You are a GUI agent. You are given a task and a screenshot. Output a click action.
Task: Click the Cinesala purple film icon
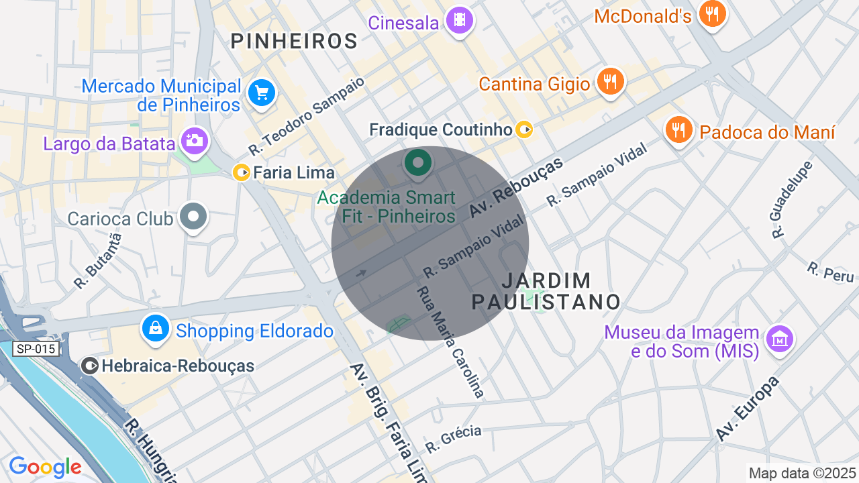click(459, 20)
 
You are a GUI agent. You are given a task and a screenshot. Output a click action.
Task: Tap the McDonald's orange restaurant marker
click(712, 13)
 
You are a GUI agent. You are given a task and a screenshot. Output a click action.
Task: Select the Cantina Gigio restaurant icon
click(609, 82)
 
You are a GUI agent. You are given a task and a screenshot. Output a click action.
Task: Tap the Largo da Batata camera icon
click(195, 141)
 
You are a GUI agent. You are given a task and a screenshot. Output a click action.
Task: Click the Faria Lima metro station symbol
click(241, 172)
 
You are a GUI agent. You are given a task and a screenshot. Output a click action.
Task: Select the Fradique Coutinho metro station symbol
click(525, 129)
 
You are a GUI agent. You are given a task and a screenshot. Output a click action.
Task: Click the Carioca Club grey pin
click(195, 217)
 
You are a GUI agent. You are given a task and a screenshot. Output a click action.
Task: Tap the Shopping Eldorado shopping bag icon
click(156, 328)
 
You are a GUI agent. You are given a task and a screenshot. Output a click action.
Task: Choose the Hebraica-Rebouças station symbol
click(89, 366)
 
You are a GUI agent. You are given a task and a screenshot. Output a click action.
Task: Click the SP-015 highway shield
click(36, 349)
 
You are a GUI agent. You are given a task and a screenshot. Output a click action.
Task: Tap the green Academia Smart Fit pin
click(418, 163)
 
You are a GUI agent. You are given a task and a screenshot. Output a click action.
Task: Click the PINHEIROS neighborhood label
click(294, 41)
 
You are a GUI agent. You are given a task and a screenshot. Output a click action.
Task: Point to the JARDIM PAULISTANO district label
click(546, 291)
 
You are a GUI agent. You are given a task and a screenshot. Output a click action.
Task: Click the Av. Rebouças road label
click(516, 190)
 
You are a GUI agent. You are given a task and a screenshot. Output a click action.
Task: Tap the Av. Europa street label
click(747, 409)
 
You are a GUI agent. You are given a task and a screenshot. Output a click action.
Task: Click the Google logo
click(45, 467)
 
